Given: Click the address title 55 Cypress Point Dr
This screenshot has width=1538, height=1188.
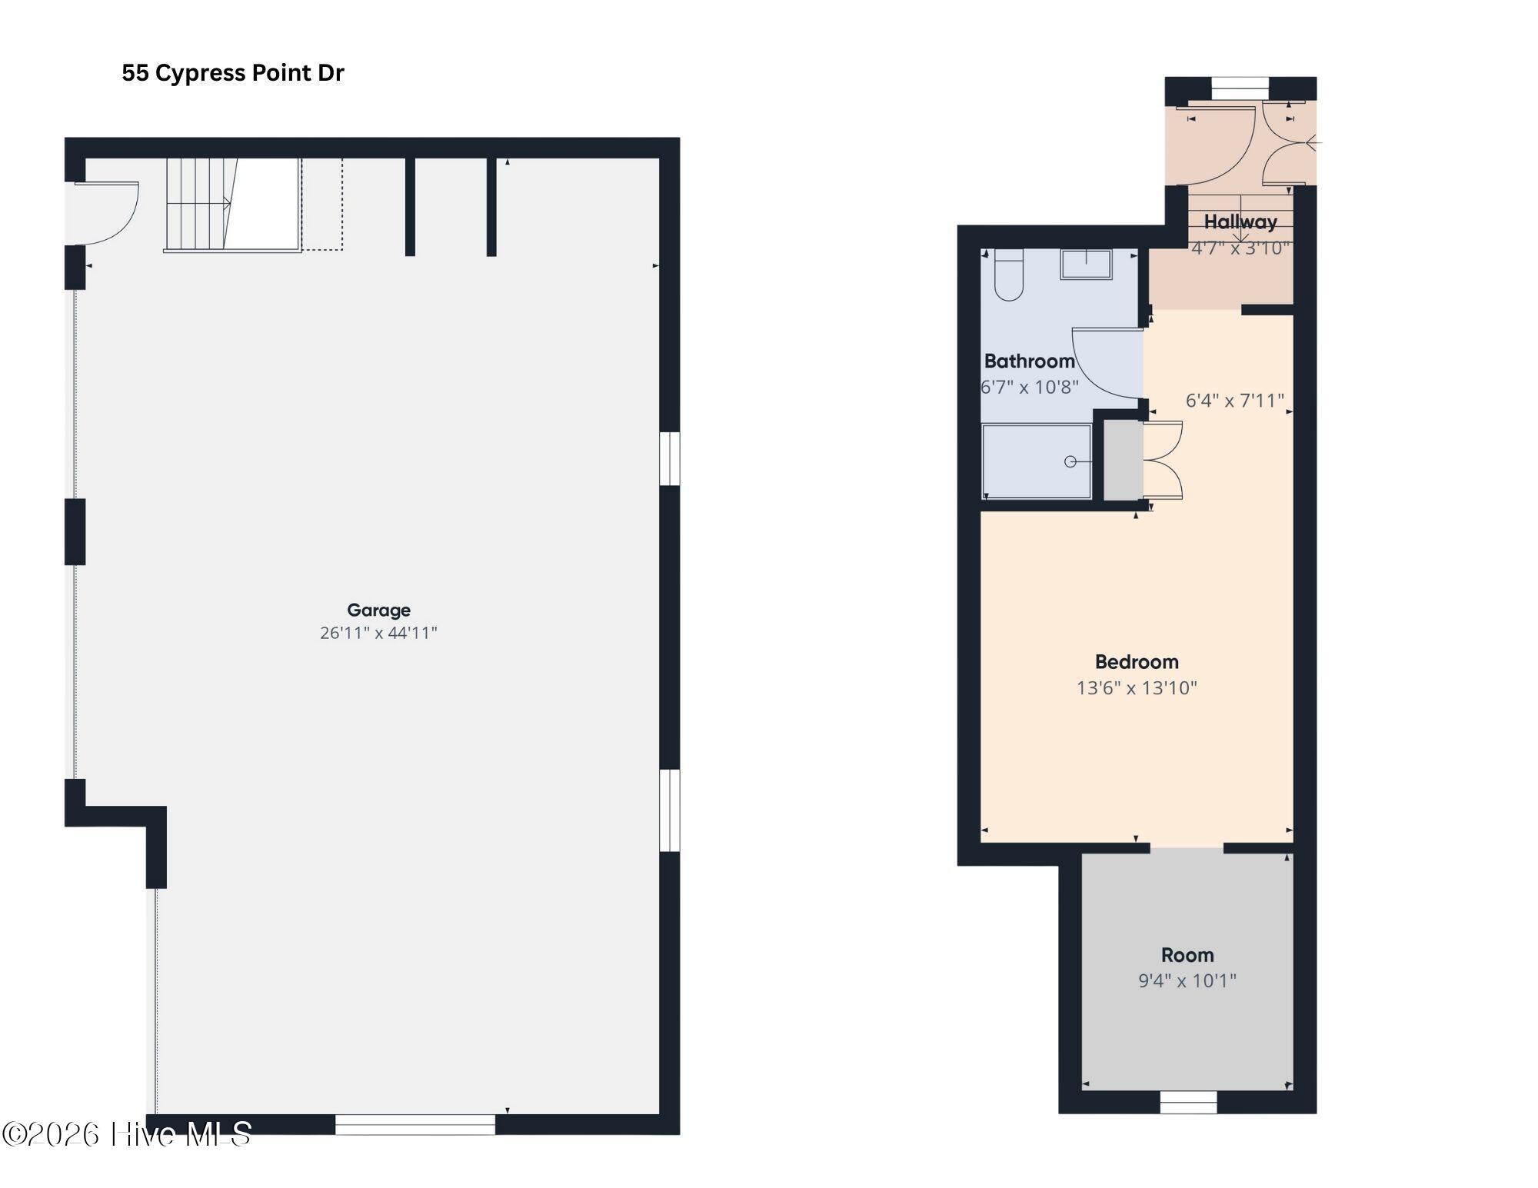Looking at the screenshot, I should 232,73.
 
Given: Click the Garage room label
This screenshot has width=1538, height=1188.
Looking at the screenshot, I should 378,610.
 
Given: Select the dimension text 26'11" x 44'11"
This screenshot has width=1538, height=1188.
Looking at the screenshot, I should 378,633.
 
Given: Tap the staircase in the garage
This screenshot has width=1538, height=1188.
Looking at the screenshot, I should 198,204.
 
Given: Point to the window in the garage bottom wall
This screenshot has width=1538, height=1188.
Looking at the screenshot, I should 415,1124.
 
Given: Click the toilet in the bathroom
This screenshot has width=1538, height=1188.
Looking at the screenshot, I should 1009,276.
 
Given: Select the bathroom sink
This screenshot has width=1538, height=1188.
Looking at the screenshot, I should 1086,265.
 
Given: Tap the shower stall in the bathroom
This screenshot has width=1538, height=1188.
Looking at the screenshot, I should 1036,461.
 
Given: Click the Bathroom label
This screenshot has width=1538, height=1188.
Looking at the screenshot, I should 1029,361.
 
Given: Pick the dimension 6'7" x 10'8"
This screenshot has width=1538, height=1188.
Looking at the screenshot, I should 1029,387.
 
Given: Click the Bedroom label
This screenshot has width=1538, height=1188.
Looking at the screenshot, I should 1137,662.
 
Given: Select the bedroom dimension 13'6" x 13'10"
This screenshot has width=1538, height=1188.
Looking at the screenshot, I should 1137,687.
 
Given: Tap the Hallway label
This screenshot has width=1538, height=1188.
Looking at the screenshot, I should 1240,222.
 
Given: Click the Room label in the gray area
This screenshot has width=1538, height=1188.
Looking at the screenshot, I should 1187,955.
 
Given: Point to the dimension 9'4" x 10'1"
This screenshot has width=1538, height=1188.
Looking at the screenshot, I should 1187,980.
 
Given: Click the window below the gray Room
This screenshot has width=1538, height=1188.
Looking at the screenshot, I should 1188,1103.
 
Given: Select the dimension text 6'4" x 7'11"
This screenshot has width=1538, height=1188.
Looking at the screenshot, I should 1235,401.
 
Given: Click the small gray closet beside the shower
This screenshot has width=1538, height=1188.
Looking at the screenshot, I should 1124,460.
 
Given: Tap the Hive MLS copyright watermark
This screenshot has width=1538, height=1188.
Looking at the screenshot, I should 127,1134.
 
